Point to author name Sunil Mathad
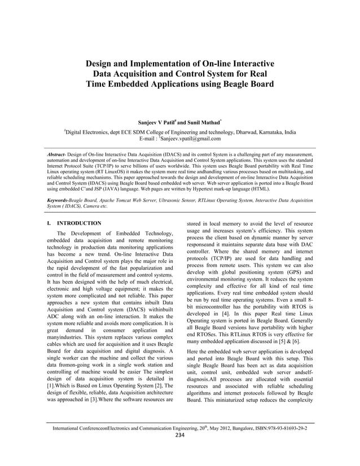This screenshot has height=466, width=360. (192, 121)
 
